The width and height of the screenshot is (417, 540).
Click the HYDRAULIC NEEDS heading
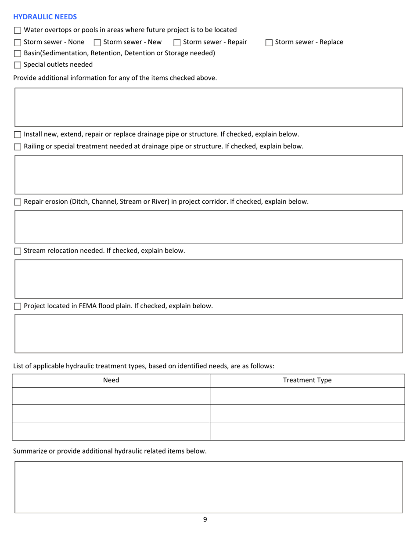[45, 17]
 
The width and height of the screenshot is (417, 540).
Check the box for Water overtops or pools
[18, 30]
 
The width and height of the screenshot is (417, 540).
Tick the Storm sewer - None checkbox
[18, 43]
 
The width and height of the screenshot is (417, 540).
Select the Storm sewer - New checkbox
[97, 43]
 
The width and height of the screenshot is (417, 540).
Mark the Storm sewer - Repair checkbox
[177, 43]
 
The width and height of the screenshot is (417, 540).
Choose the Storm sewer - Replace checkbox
[269, 43]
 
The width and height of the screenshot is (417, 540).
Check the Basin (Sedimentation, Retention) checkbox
[18, 54]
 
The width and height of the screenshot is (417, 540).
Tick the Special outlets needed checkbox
[18, 65]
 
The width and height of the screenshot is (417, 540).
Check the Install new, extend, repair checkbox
[18, 134]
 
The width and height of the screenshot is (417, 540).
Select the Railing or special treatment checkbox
[18, 147]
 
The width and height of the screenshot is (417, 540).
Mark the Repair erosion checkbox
[18, 202]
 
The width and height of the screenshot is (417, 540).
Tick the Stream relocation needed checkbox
[18, 251]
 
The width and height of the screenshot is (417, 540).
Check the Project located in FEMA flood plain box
[18, 306]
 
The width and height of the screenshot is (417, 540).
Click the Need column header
[111, 381]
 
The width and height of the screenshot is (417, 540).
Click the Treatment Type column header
[307, 381]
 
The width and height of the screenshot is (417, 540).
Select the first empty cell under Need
[111, 396]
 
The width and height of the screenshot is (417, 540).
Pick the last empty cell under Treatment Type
[307, 431]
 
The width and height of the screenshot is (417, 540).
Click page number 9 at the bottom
[205, 520]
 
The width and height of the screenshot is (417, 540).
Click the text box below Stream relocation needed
[209, 279]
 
